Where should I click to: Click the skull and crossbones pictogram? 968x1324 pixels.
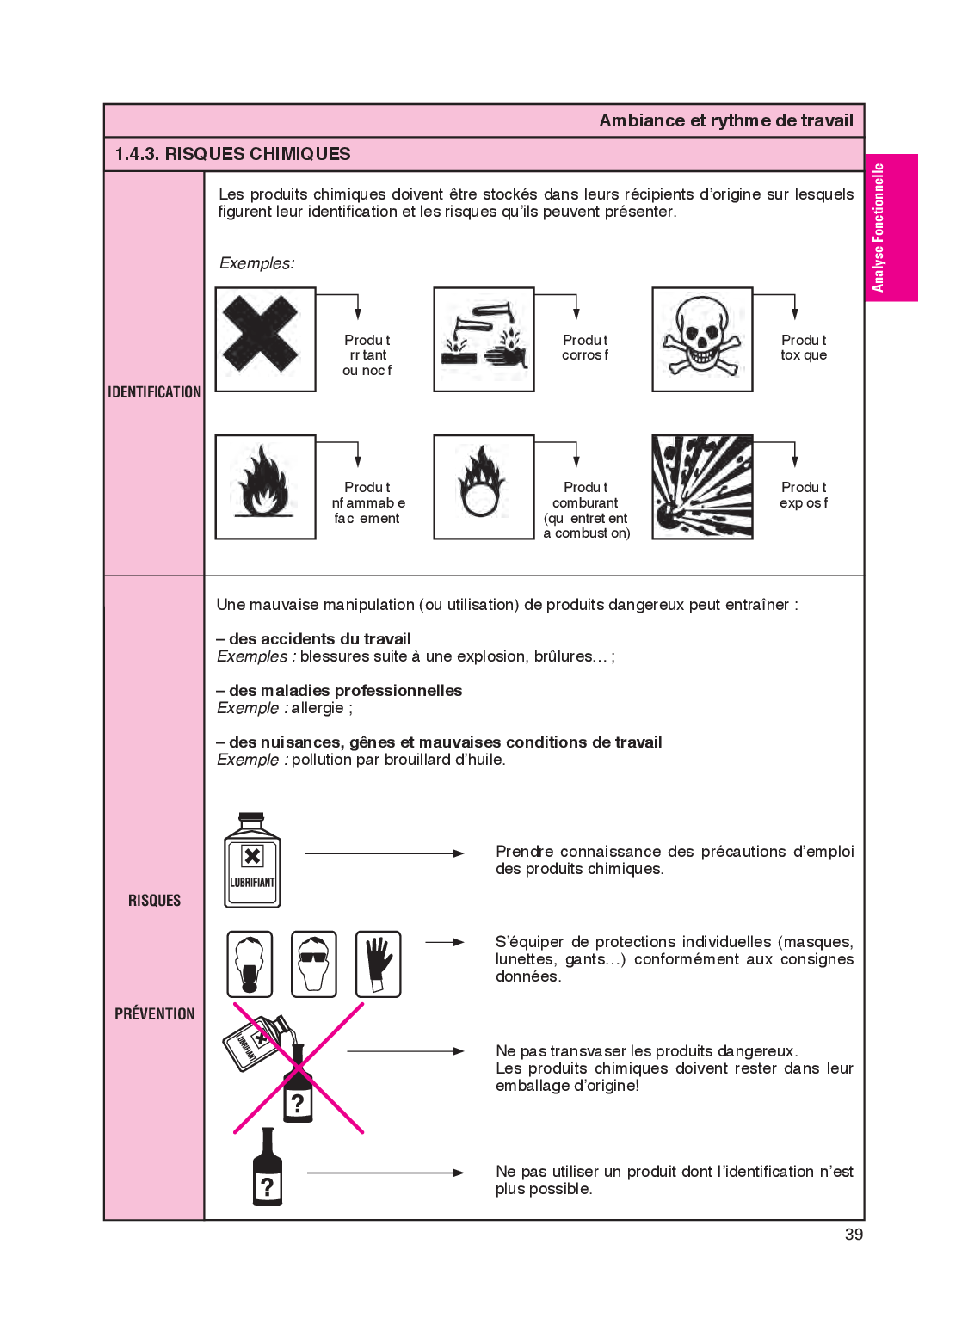pos(702,339)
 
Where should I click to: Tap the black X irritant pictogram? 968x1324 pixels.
pos(265,339)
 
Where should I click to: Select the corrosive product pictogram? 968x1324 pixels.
pos(484,339)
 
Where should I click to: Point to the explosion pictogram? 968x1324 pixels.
pos(702,487)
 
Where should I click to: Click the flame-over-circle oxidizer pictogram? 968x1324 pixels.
pos(484,487)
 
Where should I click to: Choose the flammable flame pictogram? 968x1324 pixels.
pos(265,487)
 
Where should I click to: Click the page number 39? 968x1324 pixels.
pos(854,1234)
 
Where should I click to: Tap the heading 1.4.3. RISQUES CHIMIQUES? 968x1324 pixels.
pos(233,154)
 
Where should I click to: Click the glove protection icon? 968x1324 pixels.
pos(379,964)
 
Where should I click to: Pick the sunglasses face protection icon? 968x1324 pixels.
pos(314,964)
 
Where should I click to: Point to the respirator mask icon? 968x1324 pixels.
pos(250,964)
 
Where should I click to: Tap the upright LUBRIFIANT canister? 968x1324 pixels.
pos(252,861)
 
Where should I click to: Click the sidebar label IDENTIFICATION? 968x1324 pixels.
pos(154,392)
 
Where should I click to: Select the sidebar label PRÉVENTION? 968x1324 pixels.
pos(155,1013)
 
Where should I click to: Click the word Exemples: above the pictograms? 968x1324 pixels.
pos(256,263)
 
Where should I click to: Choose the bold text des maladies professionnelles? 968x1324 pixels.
pos(345,691)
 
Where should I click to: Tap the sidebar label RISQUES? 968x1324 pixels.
pos(155,901)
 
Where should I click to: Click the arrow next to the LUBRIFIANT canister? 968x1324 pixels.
pos(385,853)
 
